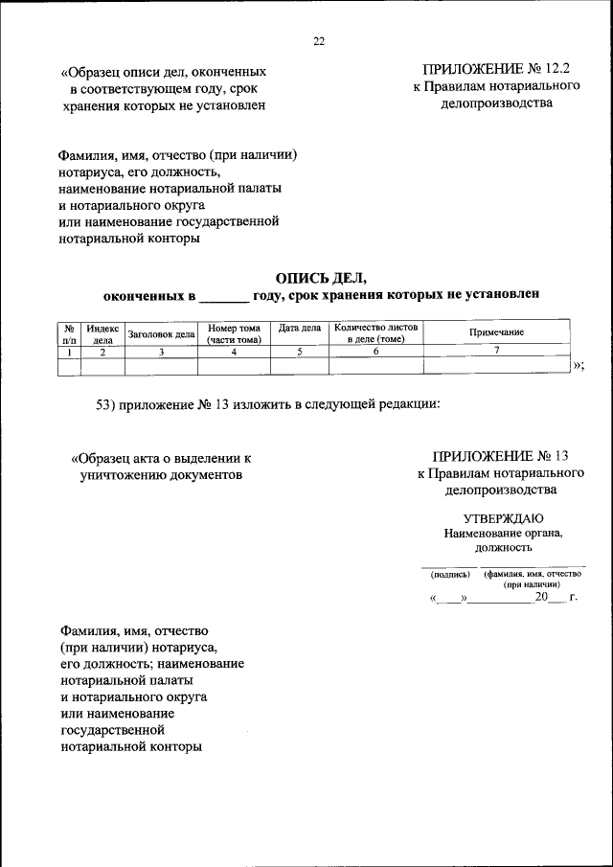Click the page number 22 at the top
(x=319, y=40)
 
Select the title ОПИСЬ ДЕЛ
(x=321, y=278)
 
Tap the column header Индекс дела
(x=102, y=332)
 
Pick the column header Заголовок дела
(x=161, y=333)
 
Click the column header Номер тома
(x=234, y=332)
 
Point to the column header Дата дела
(x=299, y=328)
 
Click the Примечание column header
(x=496, y=331)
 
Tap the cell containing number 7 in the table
(x=496, y=352)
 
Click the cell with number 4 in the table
(x=234, y=352)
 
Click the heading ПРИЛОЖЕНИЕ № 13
(x=500, y=456)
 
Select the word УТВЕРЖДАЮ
(x=502, y=517)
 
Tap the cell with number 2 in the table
(x=102, y=352)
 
